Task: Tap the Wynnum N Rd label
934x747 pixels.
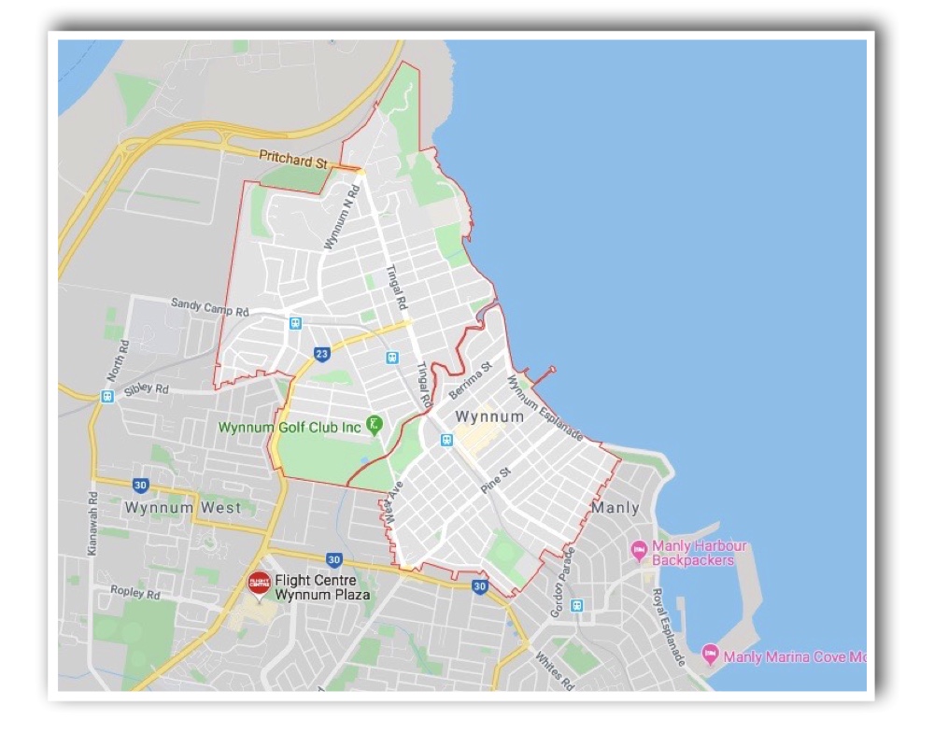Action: click(342, 218)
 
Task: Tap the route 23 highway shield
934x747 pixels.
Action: click(322, 354)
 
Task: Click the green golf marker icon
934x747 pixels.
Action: click(374, 425)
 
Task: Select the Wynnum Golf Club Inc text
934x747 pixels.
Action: click(289, 428)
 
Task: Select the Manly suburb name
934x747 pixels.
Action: click(615, 508)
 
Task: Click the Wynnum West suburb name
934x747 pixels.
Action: click(182, 508)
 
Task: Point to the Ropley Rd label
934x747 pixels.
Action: click(135, 593)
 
